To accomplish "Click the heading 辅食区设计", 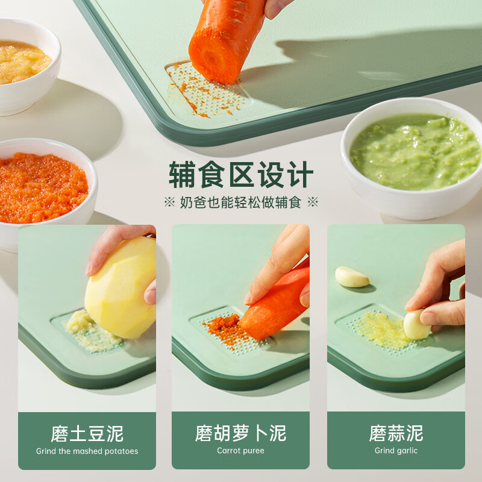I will [x=241, y=175].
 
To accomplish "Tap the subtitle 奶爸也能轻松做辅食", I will [x=241, y=202].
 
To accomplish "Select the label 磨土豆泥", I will [x=87, y=433].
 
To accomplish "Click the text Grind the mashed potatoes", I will [x=87, y=451].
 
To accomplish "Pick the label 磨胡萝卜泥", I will [x=240, y=433].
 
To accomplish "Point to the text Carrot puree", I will [x=240, y=451].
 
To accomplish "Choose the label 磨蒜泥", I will [x=396, y=433].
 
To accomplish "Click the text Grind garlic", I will [x=396, y=451].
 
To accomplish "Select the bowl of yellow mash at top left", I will [x=24, y=63].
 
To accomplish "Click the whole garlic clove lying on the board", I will [x=352, y=277].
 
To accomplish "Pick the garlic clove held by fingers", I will [x=416, y=324].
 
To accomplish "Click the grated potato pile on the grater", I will [x=90, y=330].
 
